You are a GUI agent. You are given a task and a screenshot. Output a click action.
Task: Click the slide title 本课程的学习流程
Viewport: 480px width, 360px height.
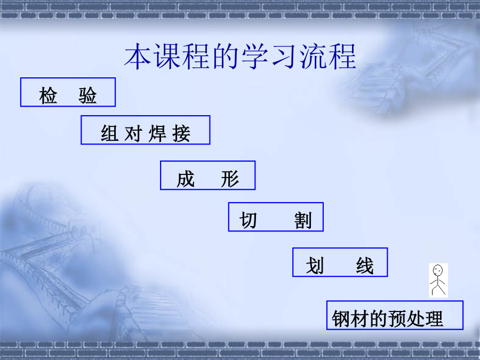pos(240,57)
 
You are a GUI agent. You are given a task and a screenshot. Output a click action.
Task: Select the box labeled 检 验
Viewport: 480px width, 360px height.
pos(68,92)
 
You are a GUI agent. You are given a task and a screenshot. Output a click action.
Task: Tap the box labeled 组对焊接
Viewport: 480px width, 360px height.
pos(146,130)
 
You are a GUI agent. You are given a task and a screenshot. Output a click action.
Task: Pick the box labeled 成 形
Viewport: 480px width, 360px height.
pos(207,175)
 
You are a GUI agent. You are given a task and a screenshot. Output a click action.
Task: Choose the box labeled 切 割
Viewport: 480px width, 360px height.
pos(276,217)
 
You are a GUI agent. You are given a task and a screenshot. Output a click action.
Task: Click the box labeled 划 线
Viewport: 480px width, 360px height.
pos(340,262)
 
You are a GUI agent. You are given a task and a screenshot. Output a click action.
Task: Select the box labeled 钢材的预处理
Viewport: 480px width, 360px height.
pos(395,315)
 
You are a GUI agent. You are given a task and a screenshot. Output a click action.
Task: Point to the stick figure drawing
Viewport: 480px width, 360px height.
pos(438,281)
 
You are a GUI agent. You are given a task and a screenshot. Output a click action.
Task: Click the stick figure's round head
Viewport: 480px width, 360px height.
pos(438,270)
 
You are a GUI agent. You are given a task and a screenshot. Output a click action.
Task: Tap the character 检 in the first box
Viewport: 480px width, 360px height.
pos(48,95)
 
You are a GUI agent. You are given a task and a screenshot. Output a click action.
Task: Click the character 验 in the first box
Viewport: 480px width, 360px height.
pos(87,95)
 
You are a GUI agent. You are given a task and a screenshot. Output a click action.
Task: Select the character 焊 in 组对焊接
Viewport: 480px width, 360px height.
pos(157,134)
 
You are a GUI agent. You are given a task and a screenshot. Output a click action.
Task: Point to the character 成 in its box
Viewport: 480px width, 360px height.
pos(186,179)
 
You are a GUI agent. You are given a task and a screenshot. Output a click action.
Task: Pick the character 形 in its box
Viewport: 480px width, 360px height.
pos(230,179)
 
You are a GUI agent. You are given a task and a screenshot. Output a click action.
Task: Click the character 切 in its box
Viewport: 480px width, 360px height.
pos(248,220)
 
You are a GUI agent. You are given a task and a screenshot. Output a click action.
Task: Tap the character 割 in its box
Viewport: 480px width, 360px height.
pos(303,220)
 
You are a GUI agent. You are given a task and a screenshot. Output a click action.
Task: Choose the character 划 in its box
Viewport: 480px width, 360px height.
pos(315,266)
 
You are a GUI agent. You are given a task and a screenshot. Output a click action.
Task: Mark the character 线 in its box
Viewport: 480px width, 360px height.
pos(365,266)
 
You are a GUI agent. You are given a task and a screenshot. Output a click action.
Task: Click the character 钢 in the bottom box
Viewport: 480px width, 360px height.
pos(341,319)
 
